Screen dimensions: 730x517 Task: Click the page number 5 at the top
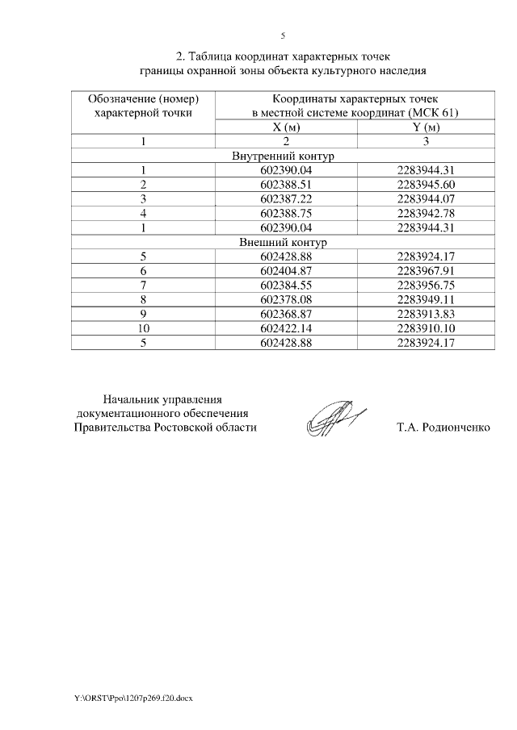(x=283, y=35)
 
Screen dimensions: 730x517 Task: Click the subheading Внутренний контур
(x=283, y=156)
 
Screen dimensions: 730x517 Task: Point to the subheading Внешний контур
(x=283, y=242)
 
